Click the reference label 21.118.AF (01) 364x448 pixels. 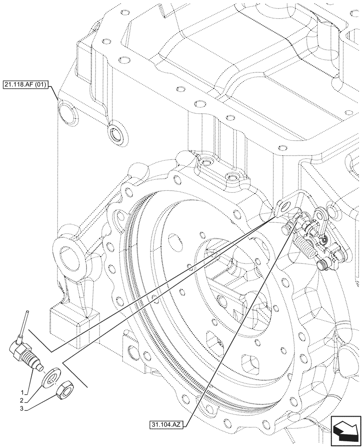[x=27, y=84]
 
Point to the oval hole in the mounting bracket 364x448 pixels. [x=283, y=207]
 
